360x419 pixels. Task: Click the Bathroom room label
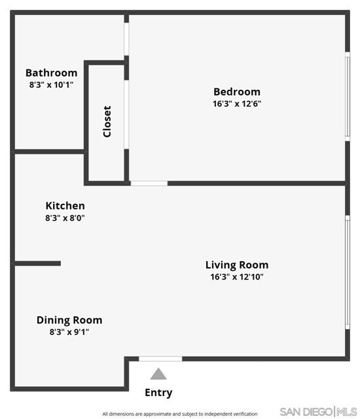click(x=51, y=73)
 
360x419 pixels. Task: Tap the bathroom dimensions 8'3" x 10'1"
click(x=51, y=84)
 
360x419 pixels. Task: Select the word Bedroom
click(x=237, y=92)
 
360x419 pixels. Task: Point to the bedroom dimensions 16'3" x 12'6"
click(x=237, y=103)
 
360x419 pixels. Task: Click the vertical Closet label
click(x=107, y=122)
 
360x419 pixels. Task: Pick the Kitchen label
click(x=65, y=206)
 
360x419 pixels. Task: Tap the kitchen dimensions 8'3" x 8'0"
click(x=65, y=218)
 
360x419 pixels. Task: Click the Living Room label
click(x=237, y=264)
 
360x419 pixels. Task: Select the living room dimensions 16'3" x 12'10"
click(x=237, y=277)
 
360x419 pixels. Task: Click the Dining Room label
click(x=69, y=320)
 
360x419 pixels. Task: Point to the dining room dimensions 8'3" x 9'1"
click(x=69, y=332)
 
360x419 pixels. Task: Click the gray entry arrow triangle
click(x=158, y=374)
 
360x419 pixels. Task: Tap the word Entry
click(x=158, y=393)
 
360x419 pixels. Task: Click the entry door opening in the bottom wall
click(x=160, y=359)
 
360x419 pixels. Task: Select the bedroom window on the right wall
click(x=348, y=96)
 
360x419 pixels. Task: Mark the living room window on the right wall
click(x=348, y=272)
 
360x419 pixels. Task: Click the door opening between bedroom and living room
click(x=149, y=183)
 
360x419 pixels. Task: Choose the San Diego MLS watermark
click(x=318, y=412)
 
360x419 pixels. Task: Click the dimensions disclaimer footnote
click(x=180, y=414)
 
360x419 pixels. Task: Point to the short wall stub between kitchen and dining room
click(x=38, y=263)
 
